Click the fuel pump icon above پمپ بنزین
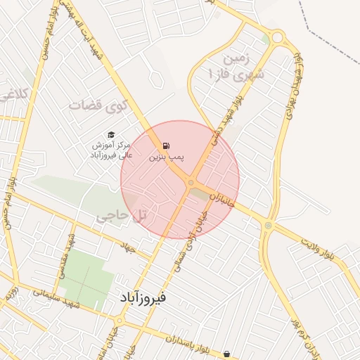click(166, 146)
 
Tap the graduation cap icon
click(111, 134)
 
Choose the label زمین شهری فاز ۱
click(230, 65)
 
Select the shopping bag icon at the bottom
click(227, 353)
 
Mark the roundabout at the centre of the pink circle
click(191, 183)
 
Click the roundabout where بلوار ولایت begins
click(267, 225)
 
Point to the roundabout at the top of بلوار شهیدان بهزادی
click(276, 36)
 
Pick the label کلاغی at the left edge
click(13, 93)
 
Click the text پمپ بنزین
click(167, 158)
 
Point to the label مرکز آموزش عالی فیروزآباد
click(111, 150)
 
